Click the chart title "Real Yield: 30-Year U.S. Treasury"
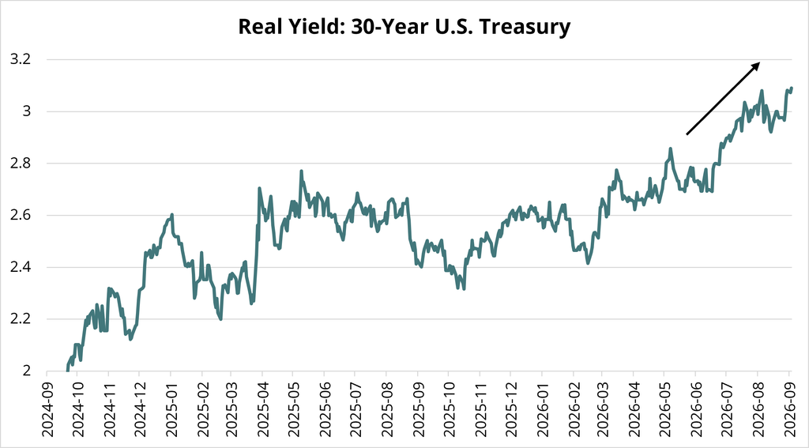coord(404,26)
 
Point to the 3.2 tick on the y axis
coord(21,59)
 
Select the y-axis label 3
coord(28,111)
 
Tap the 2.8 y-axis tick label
coord(21,163)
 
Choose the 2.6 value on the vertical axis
coord(21,215)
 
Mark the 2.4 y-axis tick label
coord(21,267)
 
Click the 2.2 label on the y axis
coord(21,319)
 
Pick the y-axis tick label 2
coord(28,371)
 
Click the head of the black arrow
coord(759,63)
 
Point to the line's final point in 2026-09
coord(792,88)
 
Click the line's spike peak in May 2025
coord(301,171)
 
